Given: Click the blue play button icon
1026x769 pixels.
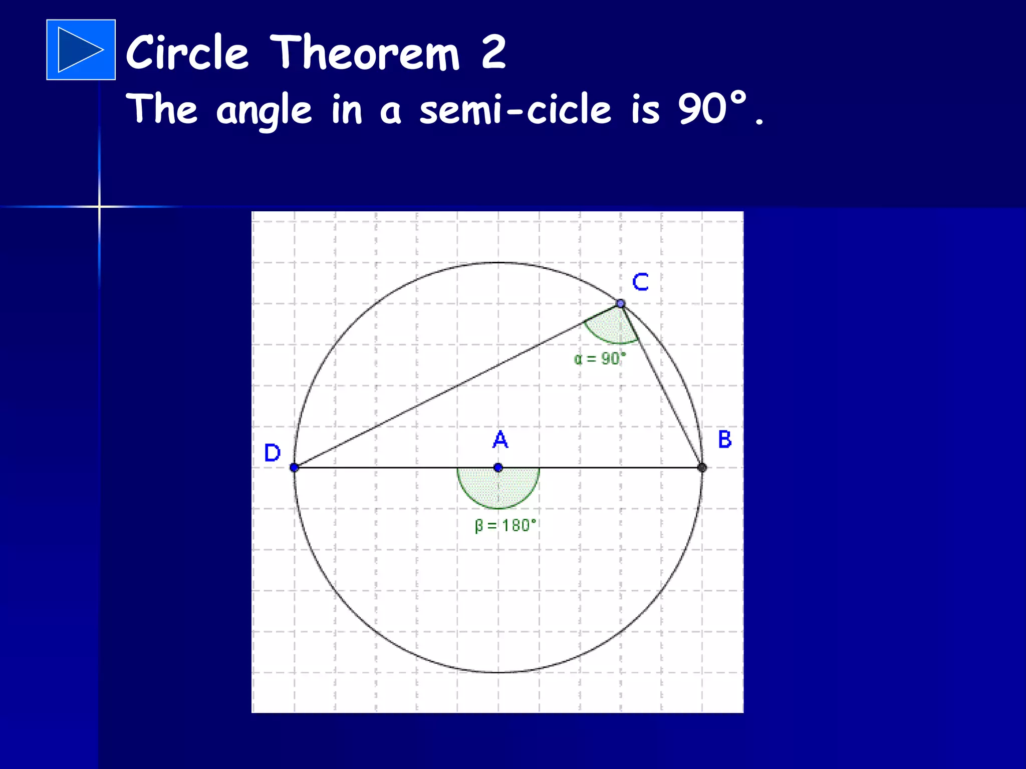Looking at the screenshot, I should pos(81,50).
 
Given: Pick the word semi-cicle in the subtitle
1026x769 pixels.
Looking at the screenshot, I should pos(516,110).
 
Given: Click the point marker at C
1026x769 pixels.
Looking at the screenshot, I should pos(621,303).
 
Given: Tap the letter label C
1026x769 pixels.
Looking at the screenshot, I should pos(640,282).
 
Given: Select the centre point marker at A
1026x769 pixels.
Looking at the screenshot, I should pos(498,468).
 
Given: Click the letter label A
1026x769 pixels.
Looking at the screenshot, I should pos(500,440).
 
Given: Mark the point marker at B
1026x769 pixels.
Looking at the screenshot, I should pos(702,468).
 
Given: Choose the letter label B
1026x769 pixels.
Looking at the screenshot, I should pos(724,439).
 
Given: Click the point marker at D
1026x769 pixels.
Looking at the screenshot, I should pos(294,468).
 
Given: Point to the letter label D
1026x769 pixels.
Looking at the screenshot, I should pos(272,453).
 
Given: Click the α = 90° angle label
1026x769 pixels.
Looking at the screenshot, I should pos(600,359).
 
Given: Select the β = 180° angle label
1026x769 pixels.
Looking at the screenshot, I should pos(505,526).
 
